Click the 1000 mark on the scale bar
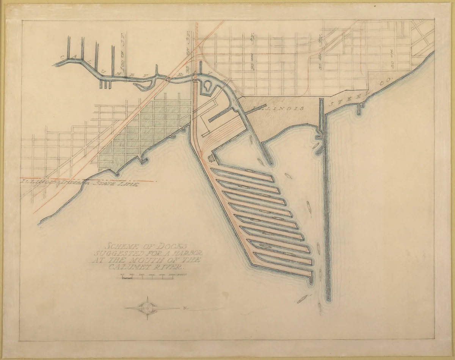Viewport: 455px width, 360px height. tap(143, 274)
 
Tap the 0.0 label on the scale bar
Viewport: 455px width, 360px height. tap(122, 274)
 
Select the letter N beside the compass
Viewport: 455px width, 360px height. tap(185, 308)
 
